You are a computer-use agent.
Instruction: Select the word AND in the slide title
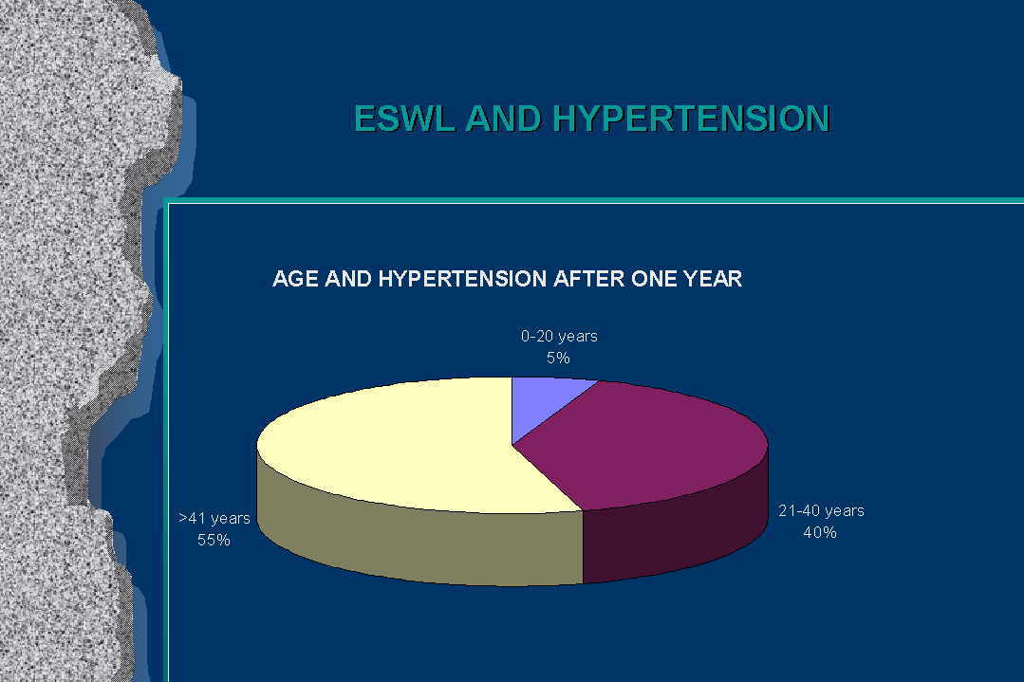(504, 119)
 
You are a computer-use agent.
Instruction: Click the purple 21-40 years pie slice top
(646, 444)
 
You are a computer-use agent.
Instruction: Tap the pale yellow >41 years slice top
(392, 444)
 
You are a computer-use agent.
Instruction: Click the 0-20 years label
(559, 336)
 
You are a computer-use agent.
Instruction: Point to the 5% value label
(558, 358)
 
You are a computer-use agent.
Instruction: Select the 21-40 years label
(821, 510)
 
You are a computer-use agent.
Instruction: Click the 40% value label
(820, 532)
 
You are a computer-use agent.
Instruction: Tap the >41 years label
(214, 518)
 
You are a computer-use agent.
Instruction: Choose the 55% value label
(214, 540)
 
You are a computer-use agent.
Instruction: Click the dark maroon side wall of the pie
(673, 535)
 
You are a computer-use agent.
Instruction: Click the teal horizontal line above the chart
(594, 200)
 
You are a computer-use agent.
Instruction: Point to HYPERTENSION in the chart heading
(462, 279)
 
